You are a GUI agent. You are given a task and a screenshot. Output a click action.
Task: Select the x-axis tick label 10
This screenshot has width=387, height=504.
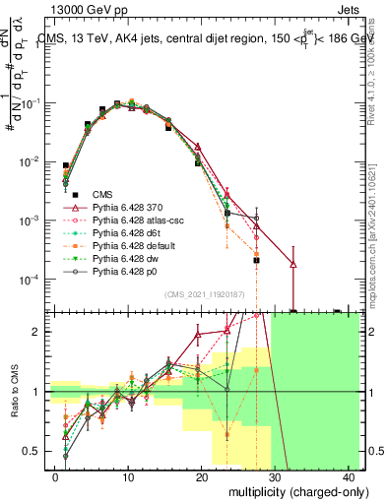[129, 476]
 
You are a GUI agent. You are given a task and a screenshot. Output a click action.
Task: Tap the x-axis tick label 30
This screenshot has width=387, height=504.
[276, 476]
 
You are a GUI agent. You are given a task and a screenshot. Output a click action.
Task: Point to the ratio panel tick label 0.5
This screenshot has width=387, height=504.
[35, 451]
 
